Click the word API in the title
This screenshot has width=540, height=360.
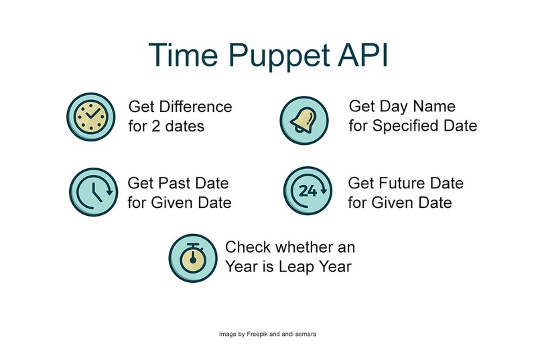362,54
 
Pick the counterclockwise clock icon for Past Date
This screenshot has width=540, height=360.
92,192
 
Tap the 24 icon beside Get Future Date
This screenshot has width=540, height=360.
307,192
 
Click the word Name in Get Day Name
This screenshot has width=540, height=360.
436,107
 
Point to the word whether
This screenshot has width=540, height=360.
300,247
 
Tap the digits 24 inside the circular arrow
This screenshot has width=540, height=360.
307,192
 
